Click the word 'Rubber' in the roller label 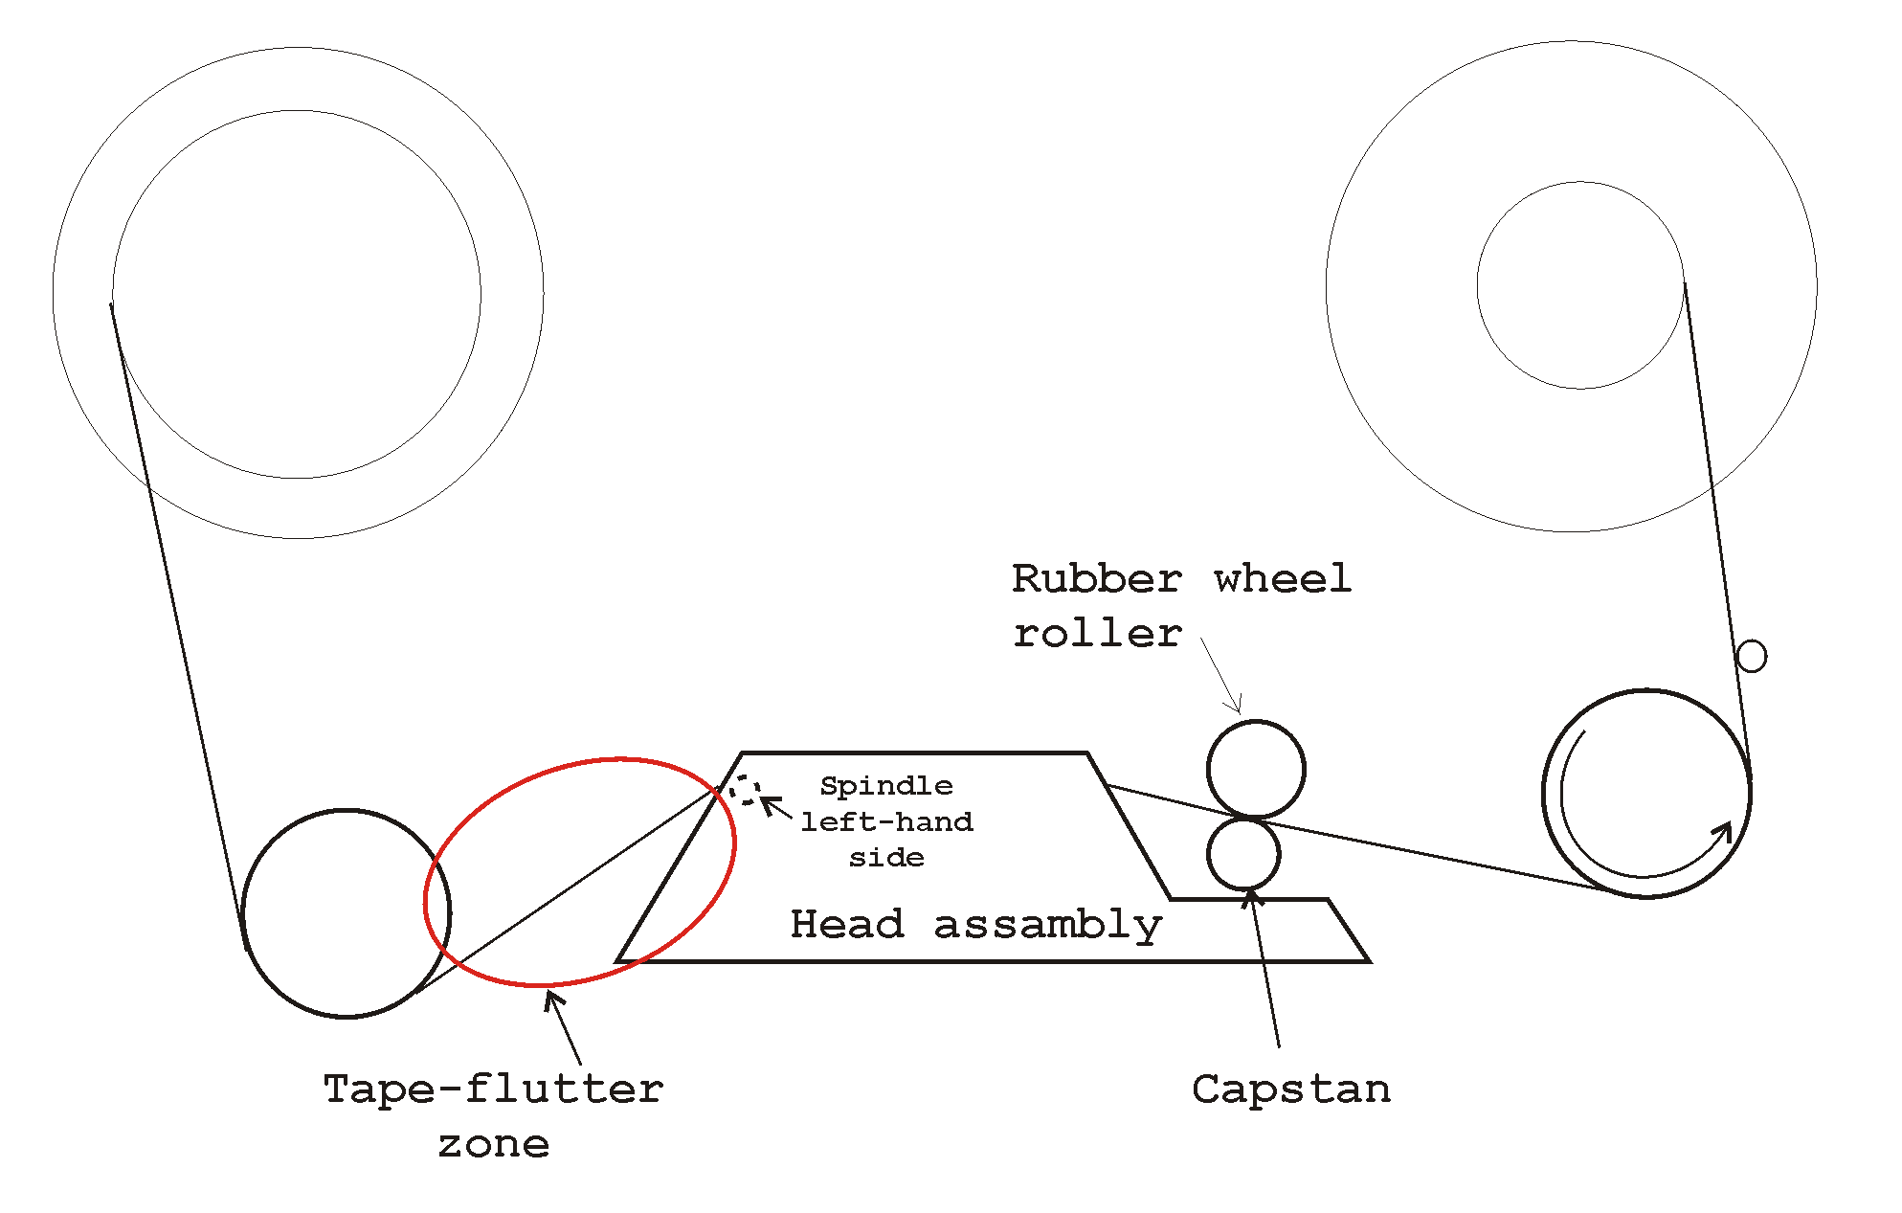click(x=1096, y=579)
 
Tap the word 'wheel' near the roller click(x=1283, y=579)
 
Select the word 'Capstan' click(x=1291, y=1089)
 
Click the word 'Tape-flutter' click(x=493, y=1089)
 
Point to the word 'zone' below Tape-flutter click(x=494, y=1144)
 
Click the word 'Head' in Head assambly click(x=847, y=925)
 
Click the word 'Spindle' click(x=886, y=786)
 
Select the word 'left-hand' click(x=886, y=821)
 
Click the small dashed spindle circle click(x=745, y=791)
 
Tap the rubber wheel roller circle click(x=1256, y=769)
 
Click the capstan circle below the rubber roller click(x=1243, y=854)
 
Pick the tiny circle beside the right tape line click(x=1751, y=657)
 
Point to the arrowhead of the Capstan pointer click(x=1250, y=896)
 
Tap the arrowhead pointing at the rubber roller click(x=1237, y=707)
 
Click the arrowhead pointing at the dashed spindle click(x=768, y=801)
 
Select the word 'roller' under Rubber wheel click(x=1097, y=634)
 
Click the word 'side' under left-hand click(x=886, y=858)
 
